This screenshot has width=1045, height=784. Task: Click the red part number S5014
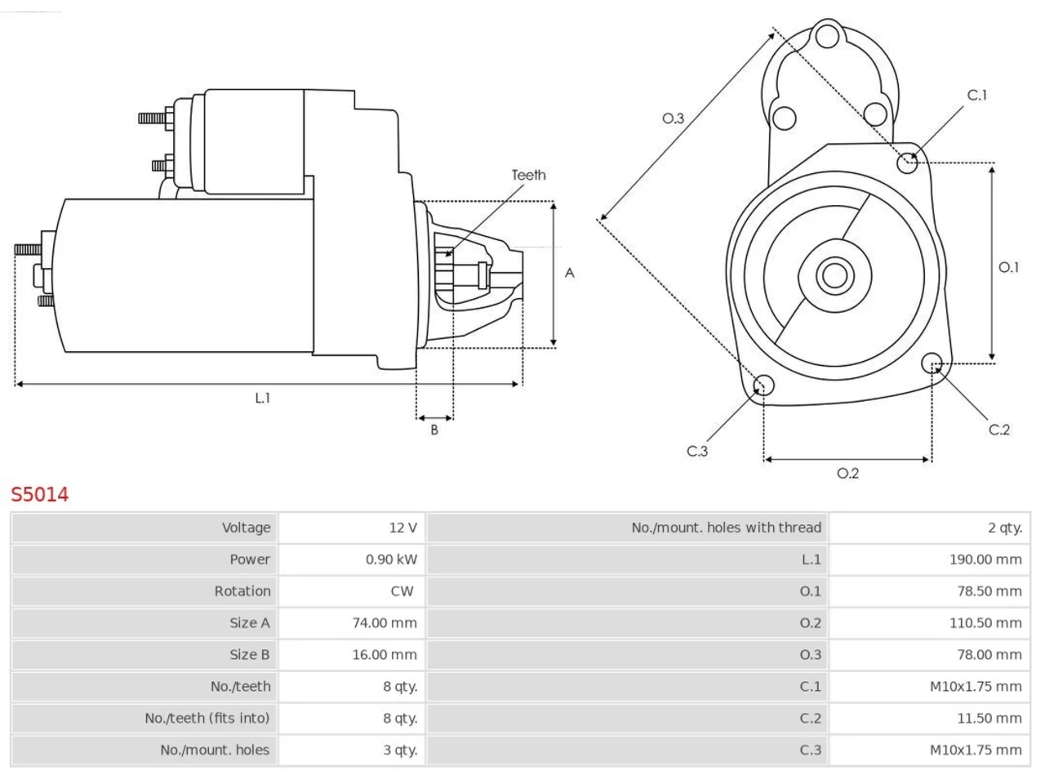[x=40, y=495]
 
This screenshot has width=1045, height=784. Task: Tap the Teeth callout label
[x=528, y=175]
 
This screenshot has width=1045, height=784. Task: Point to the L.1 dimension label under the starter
[x=262, y=398]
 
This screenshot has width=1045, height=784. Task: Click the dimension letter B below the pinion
[x=434, y=430]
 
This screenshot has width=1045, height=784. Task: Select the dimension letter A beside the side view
[x=569, y=273]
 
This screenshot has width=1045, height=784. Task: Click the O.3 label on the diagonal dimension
[x=673, y=118]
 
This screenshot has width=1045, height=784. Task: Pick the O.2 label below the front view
[x=847, y=473]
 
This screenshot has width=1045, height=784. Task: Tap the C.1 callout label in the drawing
[x=977, y=96]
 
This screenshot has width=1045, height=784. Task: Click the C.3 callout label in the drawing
[x=697, y=451]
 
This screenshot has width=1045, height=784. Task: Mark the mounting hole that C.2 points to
[x=932, y=363]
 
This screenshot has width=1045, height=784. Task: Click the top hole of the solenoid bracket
[x=828, y=36]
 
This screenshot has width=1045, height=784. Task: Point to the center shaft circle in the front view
[x=834, y=275]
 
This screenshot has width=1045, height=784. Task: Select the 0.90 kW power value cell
[x=391, y=559]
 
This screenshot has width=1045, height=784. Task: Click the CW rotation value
[x=402, y=591]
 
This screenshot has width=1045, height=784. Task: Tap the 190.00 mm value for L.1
[x=985, y=559]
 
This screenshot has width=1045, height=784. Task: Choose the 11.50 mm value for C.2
[x=989, y=719]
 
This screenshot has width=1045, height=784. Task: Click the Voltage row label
[x=246, y=528]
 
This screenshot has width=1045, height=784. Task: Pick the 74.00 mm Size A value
[x=385, y=622]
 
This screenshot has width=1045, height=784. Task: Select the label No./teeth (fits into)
[x=207, y=719]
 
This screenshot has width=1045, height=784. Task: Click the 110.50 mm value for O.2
[x=985, y=622]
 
